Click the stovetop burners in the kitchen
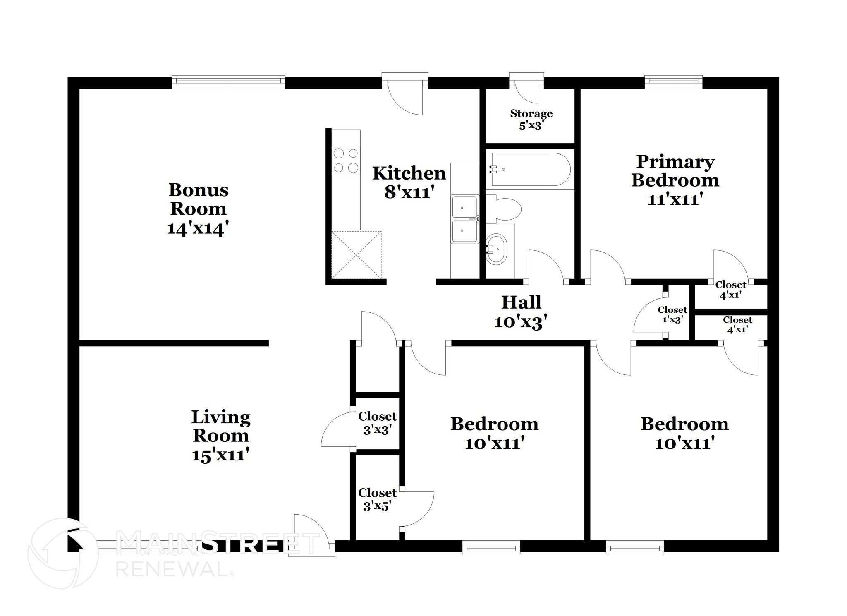[346, 161]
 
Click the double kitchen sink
[465, 219]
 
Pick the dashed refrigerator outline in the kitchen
[356, 255]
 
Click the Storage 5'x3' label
[531, 119]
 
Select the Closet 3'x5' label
[377, 499]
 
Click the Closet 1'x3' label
[672, 314]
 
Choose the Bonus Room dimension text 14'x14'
[198, 228]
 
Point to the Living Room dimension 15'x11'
[220, 455]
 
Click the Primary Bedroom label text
[675, 171]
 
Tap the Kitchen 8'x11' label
[409, 182]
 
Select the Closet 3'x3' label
[377, 422]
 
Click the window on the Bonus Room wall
[228, 81]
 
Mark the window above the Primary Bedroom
[673, 81]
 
